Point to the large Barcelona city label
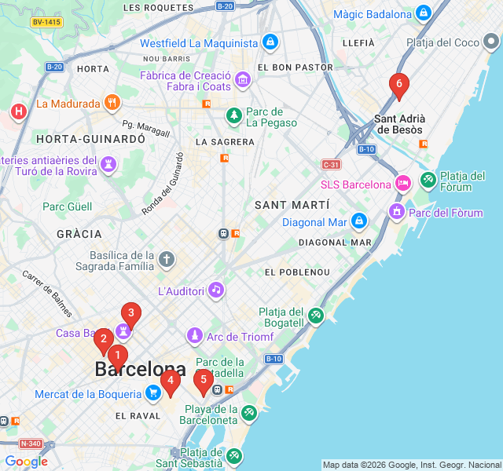pos(141,369)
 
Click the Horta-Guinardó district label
pos(79,138)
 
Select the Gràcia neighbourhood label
pos(79,234)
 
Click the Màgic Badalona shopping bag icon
pos(424,14)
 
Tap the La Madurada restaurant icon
pos(112,103)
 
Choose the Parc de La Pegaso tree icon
pos(234,116)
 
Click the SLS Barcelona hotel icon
pos(402,184)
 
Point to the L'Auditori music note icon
pos(216,290)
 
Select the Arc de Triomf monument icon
pos(193,337)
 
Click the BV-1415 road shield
pos(46,22)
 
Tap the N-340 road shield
pos(31,444)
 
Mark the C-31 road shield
pos(331,164)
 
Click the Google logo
pos(27,461)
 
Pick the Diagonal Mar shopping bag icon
pos(359,221)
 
